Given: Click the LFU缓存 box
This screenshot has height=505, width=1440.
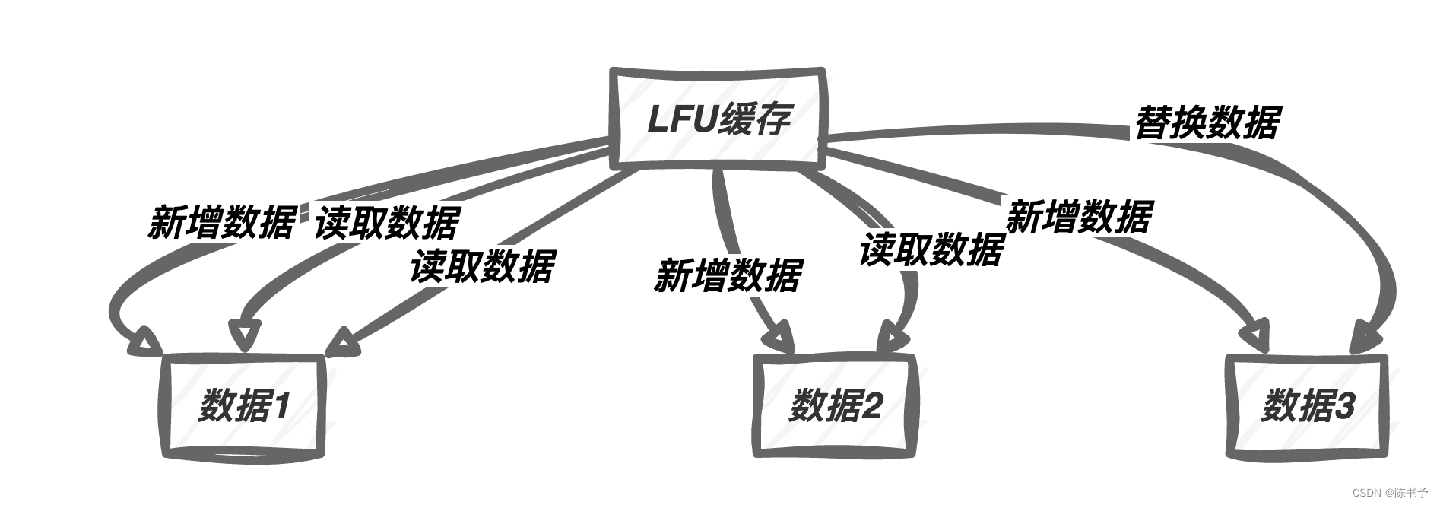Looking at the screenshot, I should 718,119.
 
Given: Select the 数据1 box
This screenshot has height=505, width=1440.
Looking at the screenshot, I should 244,405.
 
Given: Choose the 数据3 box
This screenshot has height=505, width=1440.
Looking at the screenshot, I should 1308,405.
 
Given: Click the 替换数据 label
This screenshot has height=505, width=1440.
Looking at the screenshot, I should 1207,122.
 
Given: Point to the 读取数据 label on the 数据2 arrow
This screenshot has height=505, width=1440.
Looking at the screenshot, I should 931,249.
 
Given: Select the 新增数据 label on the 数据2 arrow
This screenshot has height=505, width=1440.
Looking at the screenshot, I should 728,275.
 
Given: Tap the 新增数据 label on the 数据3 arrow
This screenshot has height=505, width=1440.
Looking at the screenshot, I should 1079,217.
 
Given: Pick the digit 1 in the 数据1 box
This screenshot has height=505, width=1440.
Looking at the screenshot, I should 281,407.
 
